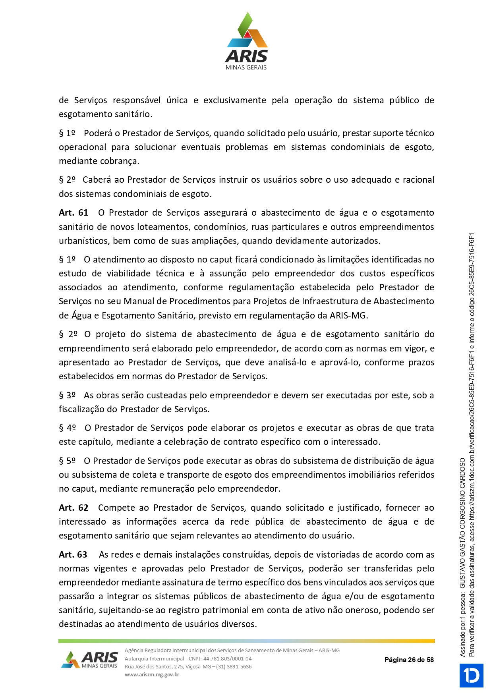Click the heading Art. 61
click(x=73, y=213)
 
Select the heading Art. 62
click(x=73, y=508)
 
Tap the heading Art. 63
click(x=73, y=555)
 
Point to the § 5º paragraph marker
click(x=67, y=461)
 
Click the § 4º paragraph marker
click(x=67, y=428)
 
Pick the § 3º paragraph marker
click(x=67, y=396)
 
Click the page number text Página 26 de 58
click(x=409, y=660)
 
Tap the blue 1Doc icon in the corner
click(x=472, y=676)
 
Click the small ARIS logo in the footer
click(x=90, y=660)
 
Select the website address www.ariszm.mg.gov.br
click(x=152, y=675)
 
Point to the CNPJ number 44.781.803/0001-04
click(x=227, y=659)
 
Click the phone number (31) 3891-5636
click(x=234, y=667)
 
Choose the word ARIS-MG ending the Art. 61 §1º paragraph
click(x=348, y=316)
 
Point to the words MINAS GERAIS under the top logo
click(x=246, y=68)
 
